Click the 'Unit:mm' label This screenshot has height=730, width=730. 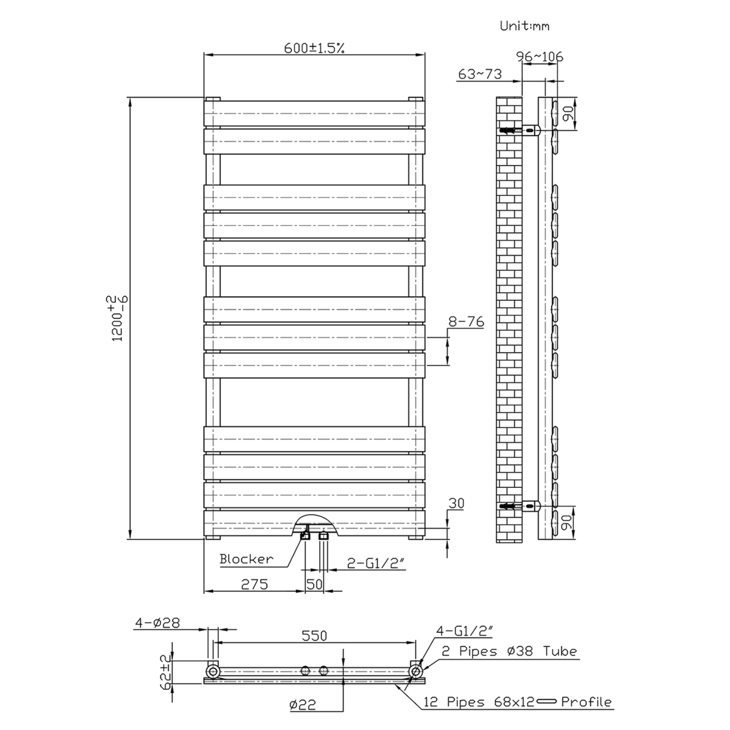pyautogui.click(x=524, y=26)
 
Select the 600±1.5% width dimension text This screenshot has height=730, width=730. pyautogui.click(x=314, y=48)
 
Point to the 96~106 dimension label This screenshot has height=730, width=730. pyautogui.click(x=539, y=57)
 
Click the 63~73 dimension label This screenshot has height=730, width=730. pyautogui.click(x=479, y=74)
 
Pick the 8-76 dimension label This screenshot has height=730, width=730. pyautogui.click(x=466, y=321)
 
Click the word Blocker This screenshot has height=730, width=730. pyautogui.click(x=246, y=559)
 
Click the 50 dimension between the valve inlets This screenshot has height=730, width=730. pyautogui.click(x=314, y=584)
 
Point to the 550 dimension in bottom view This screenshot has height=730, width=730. pyautogui.click(x=314, y=636)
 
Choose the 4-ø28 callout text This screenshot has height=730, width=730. pyautogui.click(x=158, y=623)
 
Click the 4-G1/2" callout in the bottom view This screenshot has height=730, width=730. pyautogui.click(x=464, y=631)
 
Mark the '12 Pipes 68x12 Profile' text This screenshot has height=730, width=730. pyautogui.click(x=517, y=702)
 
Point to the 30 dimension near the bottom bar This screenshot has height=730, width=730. pyautogui.click(x=456, y=503)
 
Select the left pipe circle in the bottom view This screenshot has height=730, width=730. pyautogui.click(x=213, y=671)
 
